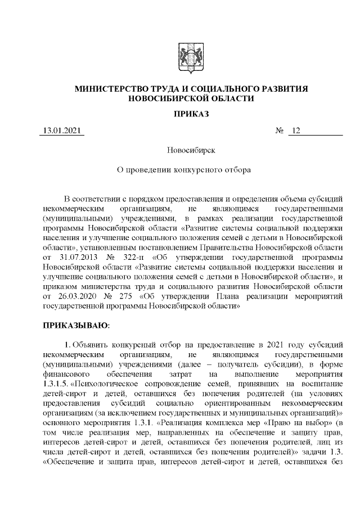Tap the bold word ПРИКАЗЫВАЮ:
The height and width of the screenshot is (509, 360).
(x=76, y=325)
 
